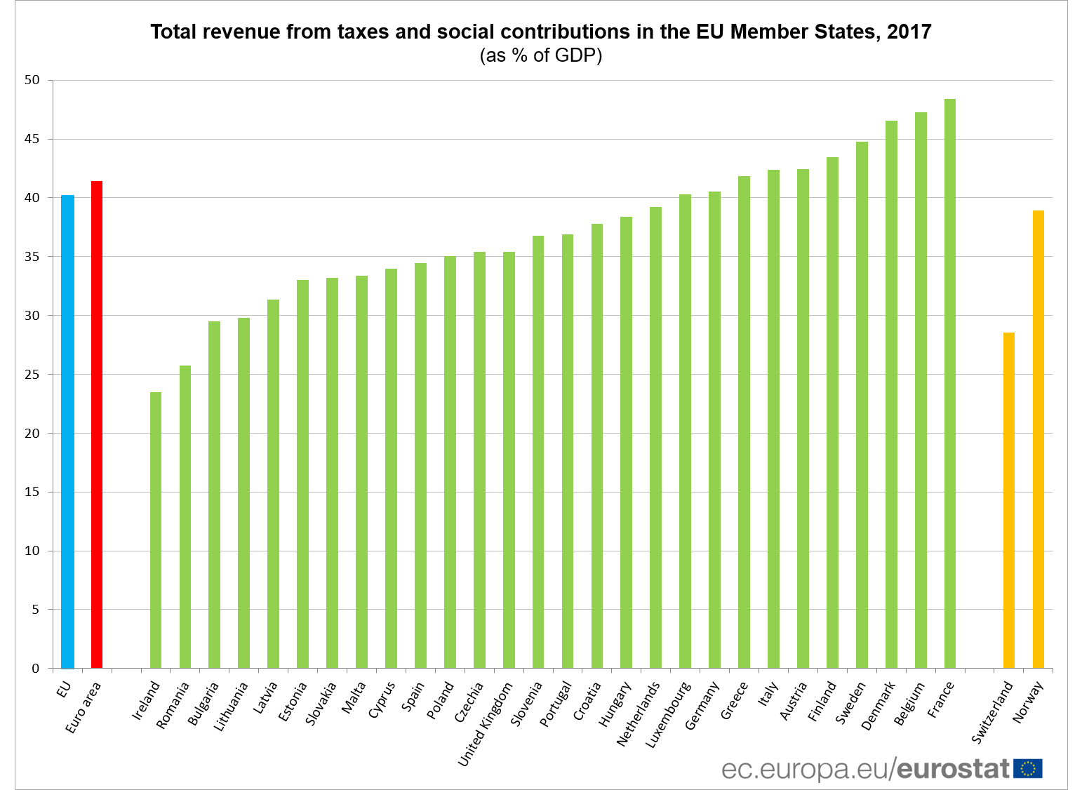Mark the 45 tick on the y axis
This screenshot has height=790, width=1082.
click(x=32, y=139)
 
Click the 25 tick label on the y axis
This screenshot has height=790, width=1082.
click(x=32, y=375)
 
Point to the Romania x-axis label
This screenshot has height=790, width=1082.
click(x=173, y=705)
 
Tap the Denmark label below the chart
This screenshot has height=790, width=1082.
click(x=878, y=705)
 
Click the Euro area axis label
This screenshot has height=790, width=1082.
click(x=84, y=707)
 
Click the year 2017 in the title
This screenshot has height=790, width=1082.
click(x=909, y=32)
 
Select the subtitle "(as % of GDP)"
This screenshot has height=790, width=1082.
click(x=541, y=55)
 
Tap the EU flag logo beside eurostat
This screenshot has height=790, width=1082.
click(x=1028, y=769)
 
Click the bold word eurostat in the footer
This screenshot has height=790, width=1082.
click(x=953, y=769)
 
